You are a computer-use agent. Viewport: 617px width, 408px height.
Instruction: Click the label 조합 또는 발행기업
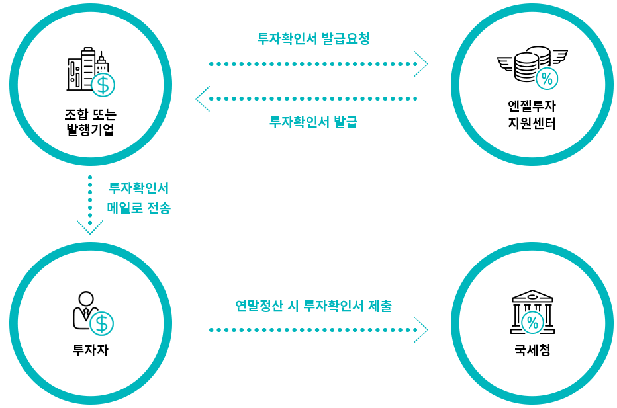91,122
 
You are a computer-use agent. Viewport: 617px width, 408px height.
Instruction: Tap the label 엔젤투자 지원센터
532,114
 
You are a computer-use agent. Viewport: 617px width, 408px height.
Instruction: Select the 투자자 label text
90,350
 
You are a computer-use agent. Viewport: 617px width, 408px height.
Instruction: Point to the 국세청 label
532,350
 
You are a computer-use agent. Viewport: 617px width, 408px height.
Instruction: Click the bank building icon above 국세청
532,311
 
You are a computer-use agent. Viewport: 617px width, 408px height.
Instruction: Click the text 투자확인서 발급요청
313,38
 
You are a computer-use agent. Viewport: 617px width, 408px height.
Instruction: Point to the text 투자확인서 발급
313,122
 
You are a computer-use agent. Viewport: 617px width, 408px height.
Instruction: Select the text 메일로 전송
138,208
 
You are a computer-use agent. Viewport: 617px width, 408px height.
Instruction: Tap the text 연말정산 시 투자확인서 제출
313,306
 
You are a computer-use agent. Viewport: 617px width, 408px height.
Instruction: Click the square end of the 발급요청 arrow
420,64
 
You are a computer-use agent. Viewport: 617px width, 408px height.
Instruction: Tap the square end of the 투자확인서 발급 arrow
202,99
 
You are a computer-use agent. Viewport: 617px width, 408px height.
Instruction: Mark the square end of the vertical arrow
89,227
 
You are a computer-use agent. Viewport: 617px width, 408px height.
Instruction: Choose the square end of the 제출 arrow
420,329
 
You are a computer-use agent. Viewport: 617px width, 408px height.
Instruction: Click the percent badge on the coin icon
547,79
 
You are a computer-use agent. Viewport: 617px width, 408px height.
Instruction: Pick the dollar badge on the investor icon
101,323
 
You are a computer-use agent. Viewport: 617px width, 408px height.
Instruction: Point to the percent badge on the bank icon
532,323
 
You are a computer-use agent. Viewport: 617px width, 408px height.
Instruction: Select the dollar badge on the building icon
103,85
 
